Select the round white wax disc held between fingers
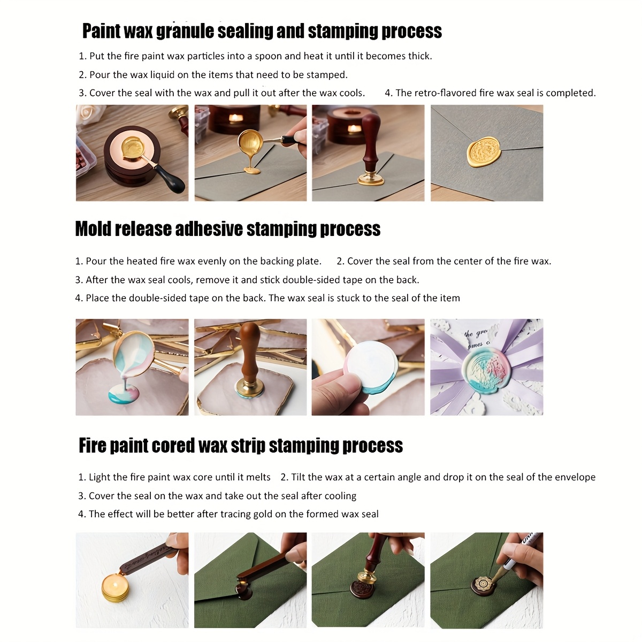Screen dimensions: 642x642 pyautogui.click(x=371, y=366)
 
